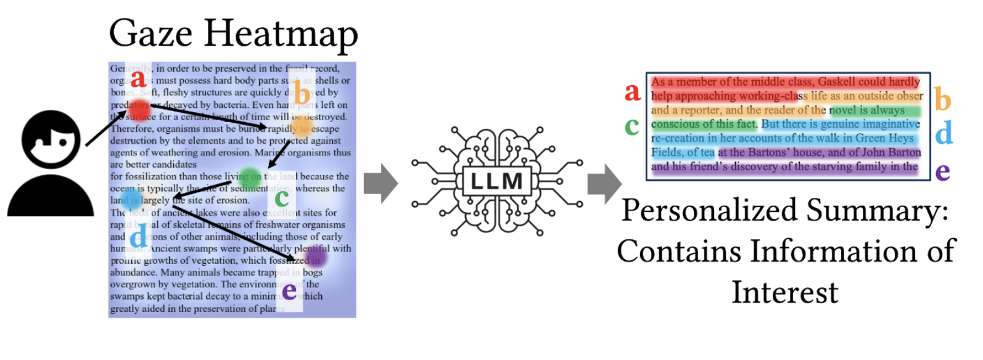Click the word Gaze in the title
tap(150, 33)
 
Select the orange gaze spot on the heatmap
tap(302, 127)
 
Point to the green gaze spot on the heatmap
tap(250, 178)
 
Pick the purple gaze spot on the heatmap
tap(316, 255)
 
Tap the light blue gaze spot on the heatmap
tap(131, 198)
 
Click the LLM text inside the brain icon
tap(496, 181)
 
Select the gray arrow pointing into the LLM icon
tap(380, 183)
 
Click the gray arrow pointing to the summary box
tap(604, 183)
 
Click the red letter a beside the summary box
tap(632, 92)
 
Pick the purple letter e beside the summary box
tap(942, 171)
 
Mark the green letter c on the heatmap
tap(282, 197)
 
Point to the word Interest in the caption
tap(784, 292)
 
